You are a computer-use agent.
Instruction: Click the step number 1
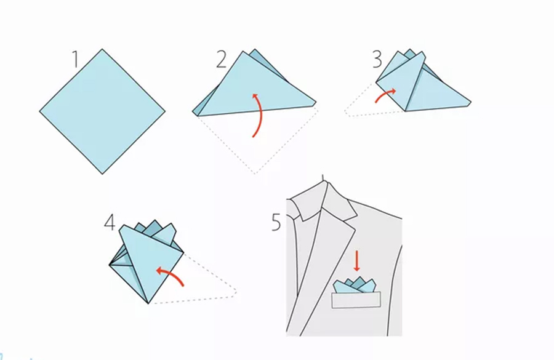pyautogui.click(x=75, y=59)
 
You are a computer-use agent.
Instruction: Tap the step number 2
pyautogui.click(x=222, y=59)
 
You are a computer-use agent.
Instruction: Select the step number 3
pyautogui.click(x=377, y=59)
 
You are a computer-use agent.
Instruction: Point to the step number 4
pyautogui.click(x=110, y=223)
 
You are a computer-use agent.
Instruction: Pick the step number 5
pyautogui.click(x=276, y=223)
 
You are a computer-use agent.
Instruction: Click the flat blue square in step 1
pyautogui.click(x=102, y=111)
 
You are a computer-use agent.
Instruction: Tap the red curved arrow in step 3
pyautogui.click(x=385, y=95)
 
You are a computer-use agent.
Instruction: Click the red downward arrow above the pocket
pyautogui.click(x=356, y=262)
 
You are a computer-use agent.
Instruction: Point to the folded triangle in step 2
pyautogui.click(x=254, y=85)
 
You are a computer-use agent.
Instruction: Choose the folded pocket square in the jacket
pyautogui.click(x=355, y=286)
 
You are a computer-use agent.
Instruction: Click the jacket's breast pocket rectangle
pyautogui.click(x=356, y=300)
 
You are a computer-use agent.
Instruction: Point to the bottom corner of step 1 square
pyautogui.click(x=102, y=174)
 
